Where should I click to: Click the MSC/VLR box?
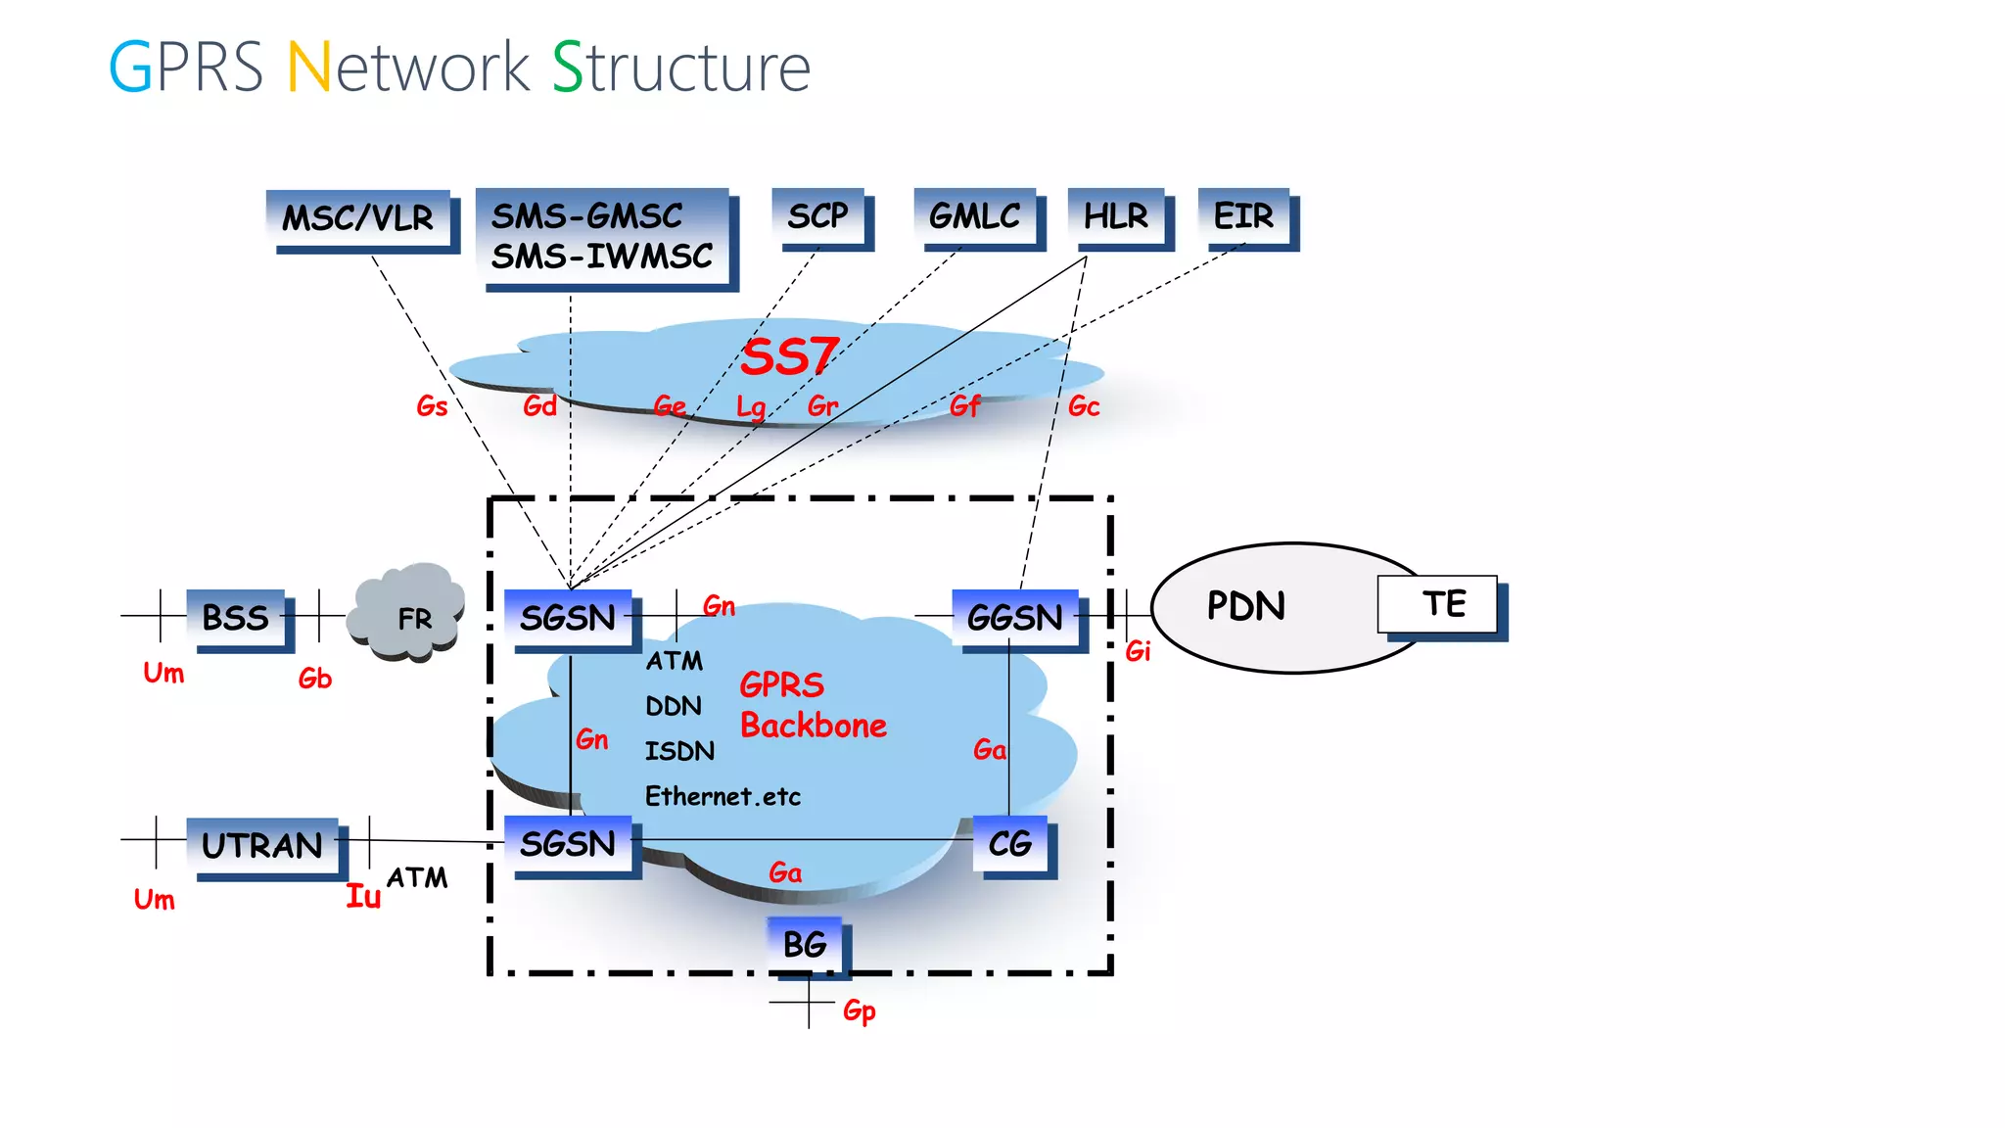(358, 217)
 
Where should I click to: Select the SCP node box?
(818, 215)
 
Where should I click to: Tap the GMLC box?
(974, 215)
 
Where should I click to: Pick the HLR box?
(1116, 215)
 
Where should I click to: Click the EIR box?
(1244, 215)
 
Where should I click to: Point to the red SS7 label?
(789, 356)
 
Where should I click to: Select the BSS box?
(236, 618)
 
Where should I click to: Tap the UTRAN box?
(262, 845)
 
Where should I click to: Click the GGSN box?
(1015, 618)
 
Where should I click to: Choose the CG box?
(1010, 843)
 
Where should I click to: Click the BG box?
(805, 944)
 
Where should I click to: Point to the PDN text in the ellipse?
(1245, 606)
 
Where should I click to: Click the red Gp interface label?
(860, 1010)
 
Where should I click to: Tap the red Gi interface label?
(1138, 651)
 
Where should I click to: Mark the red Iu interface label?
(363, 896)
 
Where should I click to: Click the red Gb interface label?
(315, 679)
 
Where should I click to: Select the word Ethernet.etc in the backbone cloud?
(723, 796)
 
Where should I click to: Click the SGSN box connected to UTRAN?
(568, 843)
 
